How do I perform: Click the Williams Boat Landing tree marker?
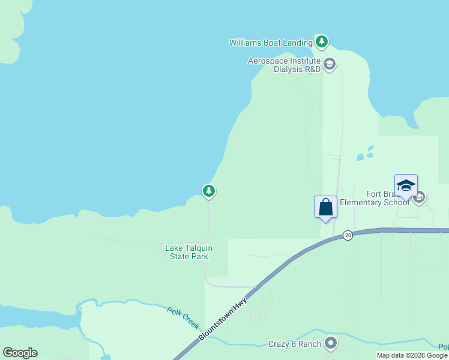point(322,41)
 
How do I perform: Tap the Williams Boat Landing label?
point(271,43)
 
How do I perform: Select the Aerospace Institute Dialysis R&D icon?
point(329,64)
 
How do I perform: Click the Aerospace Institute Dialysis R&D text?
point(285,65)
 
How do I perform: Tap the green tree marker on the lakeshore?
point(208,191)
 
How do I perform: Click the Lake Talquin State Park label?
point(188,252)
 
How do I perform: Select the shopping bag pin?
point(325,208)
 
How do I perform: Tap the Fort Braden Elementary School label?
point(375,198)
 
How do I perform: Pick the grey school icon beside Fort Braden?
point(419,197)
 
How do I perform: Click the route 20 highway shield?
point(348,235)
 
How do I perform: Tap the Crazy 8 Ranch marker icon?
point(330,343)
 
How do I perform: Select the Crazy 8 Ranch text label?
point(294,344)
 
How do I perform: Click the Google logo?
point(20,353)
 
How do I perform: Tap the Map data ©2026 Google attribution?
point(412,355)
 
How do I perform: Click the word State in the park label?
point(179,257)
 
